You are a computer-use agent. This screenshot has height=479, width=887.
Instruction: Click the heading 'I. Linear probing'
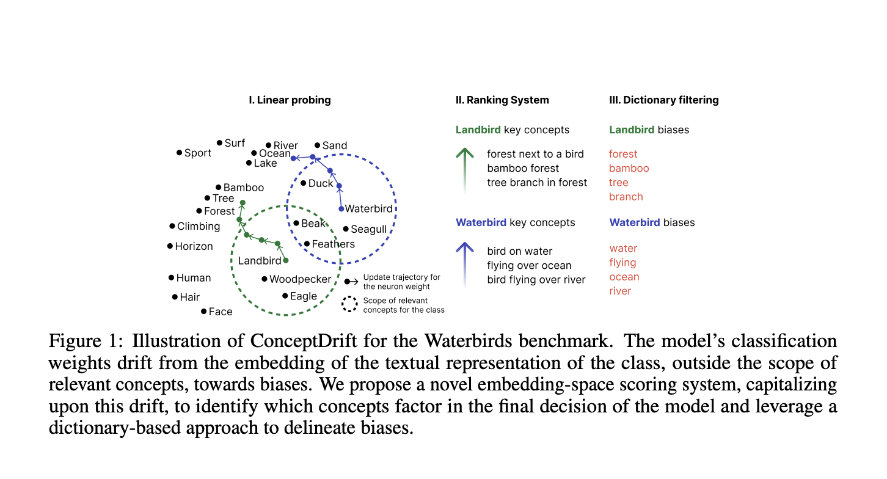click(x=290, y=100)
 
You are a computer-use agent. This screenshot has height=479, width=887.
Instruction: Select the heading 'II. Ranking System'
click(x=502, y=100)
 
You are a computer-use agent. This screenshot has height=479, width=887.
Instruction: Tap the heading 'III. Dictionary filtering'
click(x=663, y=100)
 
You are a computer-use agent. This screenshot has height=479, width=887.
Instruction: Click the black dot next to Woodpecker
click(x=265, y=279)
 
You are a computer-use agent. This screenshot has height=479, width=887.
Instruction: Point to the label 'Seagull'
click(x=369, y=230)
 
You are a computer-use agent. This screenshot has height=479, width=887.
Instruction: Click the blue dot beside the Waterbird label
click(x=341, y=209)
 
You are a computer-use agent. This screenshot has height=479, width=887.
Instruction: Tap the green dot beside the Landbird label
click(x=286, y=261)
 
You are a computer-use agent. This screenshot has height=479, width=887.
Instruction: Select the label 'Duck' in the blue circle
click(x=321, y=183)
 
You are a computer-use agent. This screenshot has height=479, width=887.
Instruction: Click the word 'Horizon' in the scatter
click(x=194, y=246)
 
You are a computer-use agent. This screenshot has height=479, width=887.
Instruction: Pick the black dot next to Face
click(x=203, y=311)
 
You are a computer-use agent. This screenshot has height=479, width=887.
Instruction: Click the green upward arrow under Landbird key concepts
click(x=465, y=168)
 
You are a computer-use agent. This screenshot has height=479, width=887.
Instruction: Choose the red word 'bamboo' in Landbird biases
click(x=629, y=168)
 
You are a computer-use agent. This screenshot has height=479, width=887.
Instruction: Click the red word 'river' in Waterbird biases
click(x=620, y=291)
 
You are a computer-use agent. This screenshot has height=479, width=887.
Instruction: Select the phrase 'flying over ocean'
click(x=529, y=265)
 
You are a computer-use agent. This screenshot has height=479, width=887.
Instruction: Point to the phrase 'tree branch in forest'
click(x=537, y=182)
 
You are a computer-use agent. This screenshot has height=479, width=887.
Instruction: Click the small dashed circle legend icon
click(x=349, y=305)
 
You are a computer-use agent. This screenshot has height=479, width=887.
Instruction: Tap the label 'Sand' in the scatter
click(x=335, y=145)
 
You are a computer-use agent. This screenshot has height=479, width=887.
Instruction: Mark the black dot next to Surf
click(x=220, y=142)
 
